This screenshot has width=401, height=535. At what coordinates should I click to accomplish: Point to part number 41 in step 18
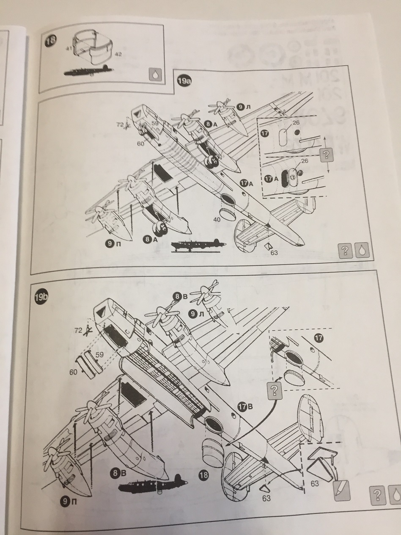coord(68,49)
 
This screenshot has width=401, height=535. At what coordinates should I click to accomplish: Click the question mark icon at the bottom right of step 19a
coord(345,251)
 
